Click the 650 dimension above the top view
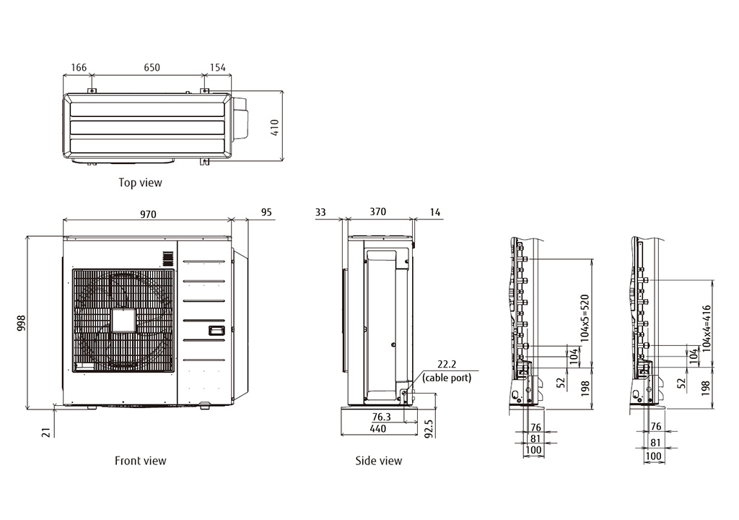152,67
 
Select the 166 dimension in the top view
79,67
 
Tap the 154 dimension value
218,67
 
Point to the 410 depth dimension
275,127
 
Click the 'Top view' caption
140,183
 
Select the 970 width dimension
148,214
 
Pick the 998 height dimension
21,323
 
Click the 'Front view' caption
141,461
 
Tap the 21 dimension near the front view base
45,432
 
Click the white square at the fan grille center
123,321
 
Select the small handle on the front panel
217,331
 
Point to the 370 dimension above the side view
378,212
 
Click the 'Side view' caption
378,461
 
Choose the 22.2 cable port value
447,364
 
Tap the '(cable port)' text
447,378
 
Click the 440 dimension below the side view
378,429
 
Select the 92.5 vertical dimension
429,429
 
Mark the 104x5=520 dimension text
585,318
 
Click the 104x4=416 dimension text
706,329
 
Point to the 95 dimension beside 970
266,212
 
